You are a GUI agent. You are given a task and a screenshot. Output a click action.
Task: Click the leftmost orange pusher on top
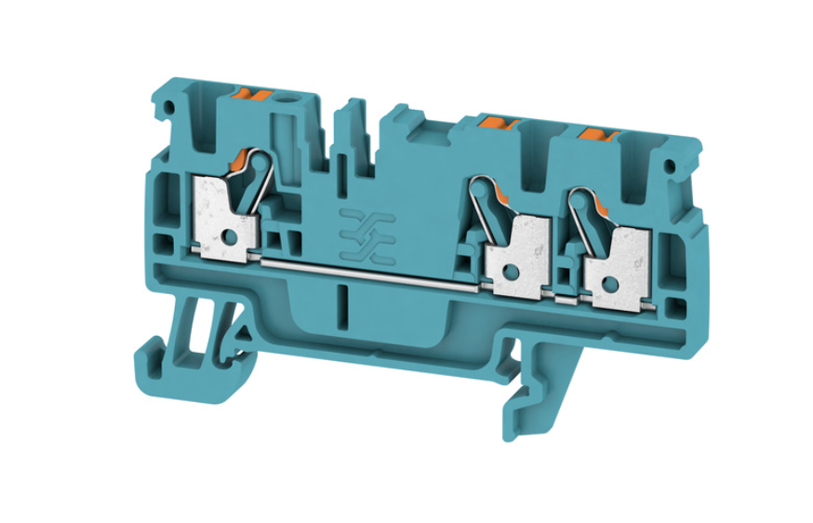pyautogui.click(x=254, y=93)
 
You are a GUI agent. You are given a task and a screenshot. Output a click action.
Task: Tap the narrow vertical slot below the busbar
pyautogui.click(x=344, y=302)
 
